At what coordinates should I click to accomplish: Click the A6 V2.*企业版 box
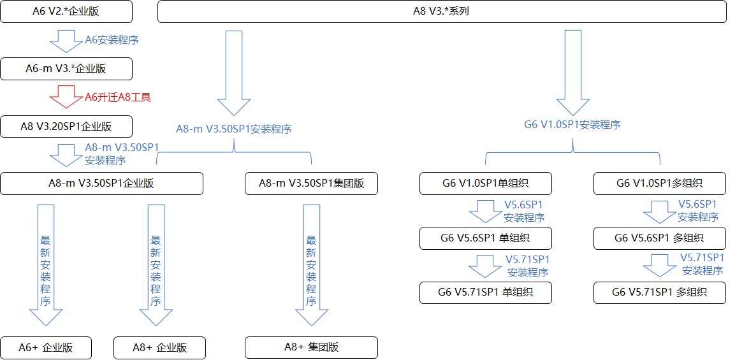[x=66, y=11]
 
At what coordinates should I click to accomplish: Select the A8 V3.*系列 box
[x=441, y=11]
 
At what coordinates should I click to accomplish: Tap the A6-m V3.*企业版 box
[x=66, y=69]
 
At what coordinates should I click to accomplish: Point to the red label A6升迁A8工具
[x=118, y=97]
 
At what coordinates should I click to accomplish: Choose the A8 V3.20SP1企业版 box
[x=66, y=126]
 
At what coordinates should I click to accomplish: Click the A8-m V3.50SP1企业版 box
[x=101, y=184]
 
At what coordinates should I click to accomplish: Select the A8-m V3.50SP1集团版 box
[x=311, y=184]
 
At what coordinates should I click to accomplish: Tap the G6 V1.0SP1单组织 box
[x=485, y=184]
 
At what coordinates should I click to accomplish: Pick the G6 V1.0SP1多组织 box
[x=659, y=184]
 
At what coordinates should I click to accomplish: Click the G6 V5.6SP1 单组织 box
[x=485, y=238]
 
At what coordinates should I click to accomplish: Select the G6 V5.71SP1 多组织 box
[x=659, y=292]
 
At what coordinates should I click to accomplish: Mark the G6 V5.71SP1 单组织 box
[x=485, y=292]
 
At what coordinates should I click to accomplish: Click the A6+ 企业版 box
[x=46, y=348]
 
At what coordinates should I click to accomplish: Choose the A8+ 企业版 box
[x=159, y=348]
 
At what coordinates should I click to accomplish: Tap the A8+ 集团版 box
[x=311, y=348]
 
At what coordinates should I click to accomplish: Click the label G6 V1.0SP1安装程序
[x=572, y=125]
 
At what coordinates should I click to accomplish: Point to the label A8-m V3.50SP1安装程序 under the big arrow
[x=234, y=129]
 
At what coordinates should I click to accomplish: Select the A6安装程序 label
[x=112, y=40]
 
